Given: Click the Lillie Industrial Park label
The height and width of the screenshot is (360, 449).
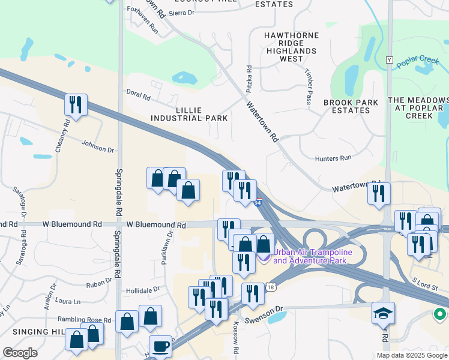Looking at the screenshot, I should (193, 114).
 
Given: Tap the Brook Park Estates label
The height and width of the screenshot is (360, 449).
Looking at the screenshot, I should (351, 106).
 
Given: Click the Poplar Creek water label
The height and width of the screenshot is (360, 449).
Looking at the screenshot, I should (418, 61).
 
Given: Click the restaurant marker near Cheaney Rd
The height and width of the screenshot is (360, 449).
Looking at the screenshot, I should (76, 105).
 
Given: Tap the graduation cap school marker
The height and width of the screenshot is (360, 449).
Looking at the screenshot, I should (383, 313).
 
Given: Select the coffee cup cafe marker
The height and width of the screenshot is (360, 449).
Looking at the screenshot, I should (160, 347).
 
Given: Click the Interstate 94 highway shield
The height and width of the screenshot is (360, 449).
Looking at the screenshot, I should (259, 203).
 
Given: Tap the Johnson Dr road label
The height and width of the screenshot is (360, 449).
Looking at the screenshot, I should (98, 146).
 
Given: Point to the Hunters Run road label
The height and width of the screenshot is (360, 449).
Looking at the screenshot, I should (333, 158).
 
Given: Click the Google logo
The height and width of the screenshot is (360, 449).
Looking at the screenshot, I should (20, 353).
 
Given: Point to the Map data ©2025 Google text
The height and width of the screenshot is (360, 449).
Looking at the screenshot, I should (411, 355).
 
